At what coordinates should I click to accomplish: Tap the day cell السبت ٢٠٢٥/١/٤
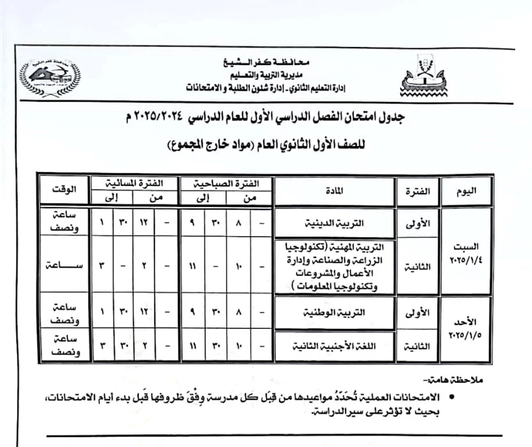click(x=466, y=252)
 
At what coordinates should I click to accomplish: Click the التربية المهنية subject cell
click(x=333, y=266)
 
